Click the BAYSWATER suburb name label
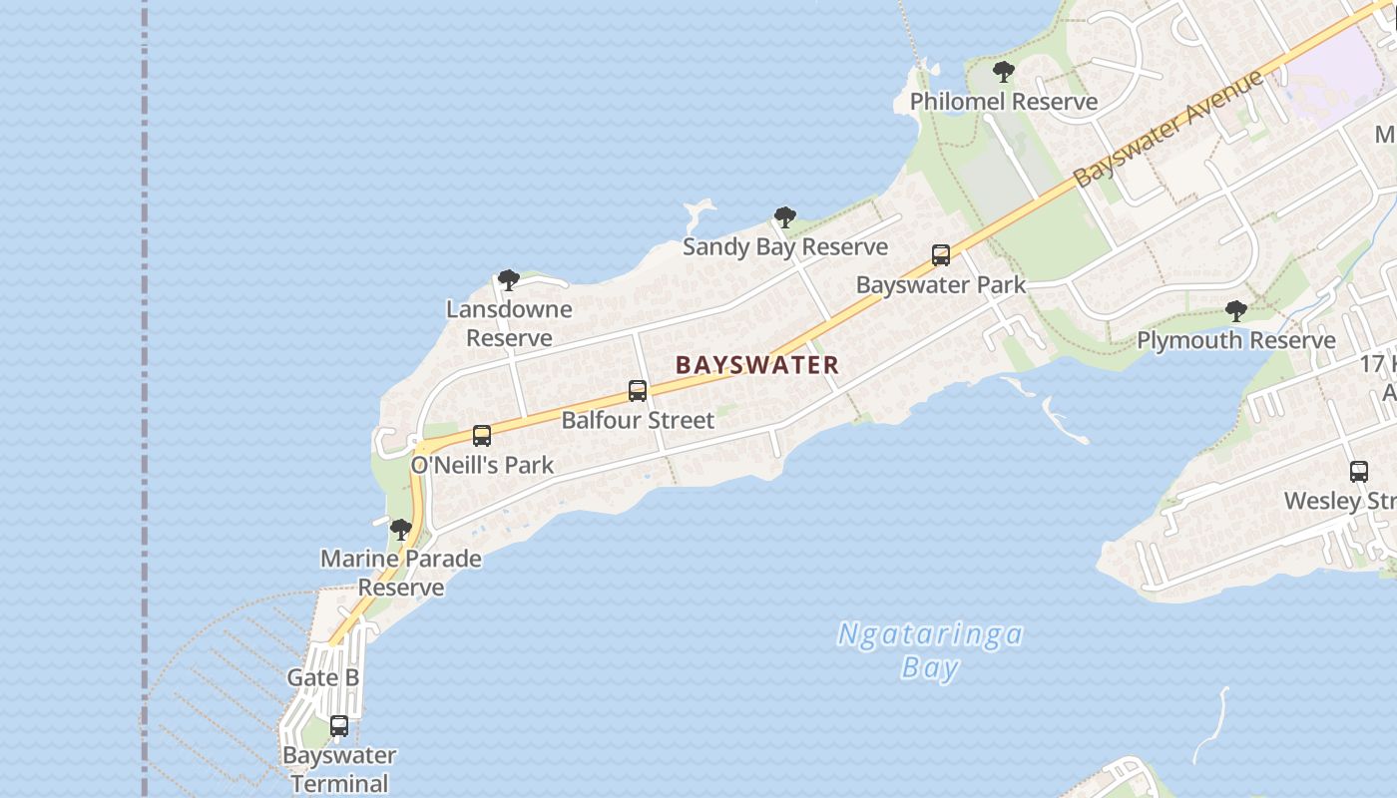(756, 365)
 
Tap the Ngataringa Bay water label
(930, 650)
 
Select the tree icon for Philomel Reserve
(1004, 72)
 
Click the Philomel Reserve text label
(1004, 102)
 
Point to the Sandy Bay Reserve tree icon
(785, 217)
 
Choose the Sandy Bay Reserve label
(785, 247)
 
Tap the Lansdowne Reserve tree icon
(509, 280)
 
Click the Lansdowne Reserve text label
(509, 323)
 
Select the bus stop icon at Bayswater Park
(941, 255)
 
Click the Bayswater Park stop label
(941, 285)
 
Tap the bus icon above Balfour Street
(638, 391)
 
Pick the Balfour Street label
(638, 420)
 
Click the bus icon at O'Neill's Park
(482, 436)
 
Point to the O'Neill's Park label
(482, 465)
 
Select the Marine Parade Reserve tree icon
(401, 530)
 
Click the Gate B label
(323, 678)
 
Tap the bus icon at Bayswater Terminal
(339, 726)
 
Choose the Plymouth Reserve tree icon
(1236, 311)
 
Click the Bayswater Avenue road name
(1169, 129)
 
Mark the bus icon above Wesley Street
(1359, 472)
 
